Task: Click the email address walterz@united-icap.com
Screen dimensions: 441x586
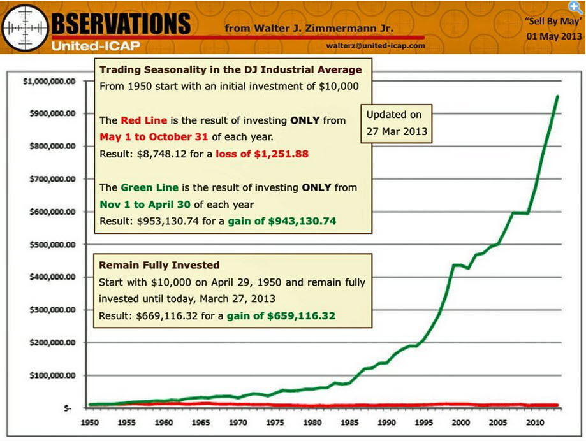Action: point(375,46)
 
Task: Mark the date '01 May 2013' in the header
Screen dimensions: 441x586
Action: point(552,36)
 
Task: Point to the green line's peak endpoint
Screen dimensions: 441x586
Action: point(557,96)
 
